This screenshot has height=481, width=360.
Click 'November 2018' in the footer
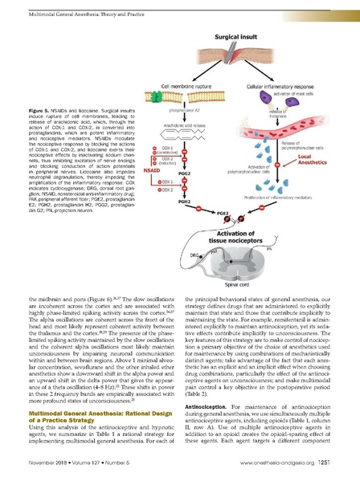(x=46, y=463)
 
